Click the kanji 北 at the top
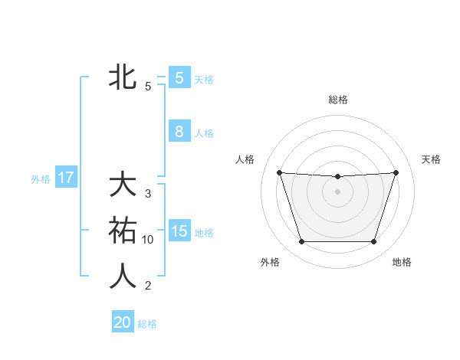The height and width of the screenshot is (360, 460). (x=123, y=77)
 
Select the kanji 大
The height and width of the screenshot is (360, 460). (x=123, y=185)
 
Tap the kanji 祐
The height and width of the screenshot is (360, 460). (x=123, y=231)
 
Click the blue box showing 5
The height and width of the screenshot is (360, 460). (x=179, y=77)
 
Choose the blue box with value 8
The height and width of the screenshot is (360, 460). (x=179, y=131)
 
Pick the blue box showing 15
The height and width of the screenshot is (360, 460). (x=179, y=231)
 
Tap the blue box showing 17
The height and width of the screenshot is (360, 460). (x=65, y=178)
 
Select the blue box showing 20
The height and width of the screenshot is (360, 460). (x=123, y=322)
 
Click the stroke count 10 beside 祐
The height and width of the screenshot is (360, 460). (x=148, y=240)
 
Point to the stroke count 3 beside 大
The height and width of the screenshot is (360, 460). (x=148, y=194)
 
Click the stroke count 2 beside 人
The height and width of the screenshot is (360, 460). (x=148, y=286)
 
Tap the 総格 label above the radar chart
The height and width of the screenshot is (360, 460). (x=337, y=100)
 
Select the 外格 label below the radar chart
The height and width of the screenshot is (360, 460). (x=270, y=262)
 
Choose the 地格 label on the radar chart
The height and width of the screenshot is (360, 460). (x=402, y=262)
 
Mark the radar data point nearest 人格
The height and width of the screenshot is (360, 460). (x=279, y=172)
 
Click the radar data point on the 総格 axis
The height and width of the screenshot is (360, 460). (x=337, y=177)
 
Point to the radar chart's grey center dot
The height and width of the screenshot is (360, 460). (x=337, y=191)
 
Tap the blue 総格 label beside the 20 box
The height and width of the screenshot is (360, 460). (x=147, y=324)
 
